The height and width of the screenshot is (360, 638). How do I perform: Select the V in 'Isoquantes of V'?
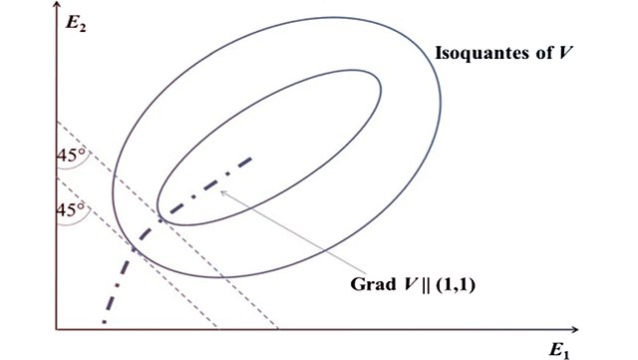(565, 50)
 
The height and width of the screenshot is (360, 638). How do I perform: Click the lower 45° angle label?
(73, 211)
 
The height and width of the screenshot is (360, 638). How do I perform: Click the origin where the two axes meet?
(57, 328)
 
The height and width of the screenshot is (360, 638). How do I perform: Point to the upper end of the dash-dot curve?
(252, 158)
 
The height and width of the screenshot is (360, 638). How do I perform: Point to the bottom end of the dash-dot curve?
(104, 323)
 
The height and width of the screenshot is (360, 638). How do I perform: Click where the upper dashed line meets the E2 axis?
(57, 121)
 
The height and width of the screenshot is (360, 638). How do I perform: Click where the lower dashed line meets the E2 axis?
(57, 177)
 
